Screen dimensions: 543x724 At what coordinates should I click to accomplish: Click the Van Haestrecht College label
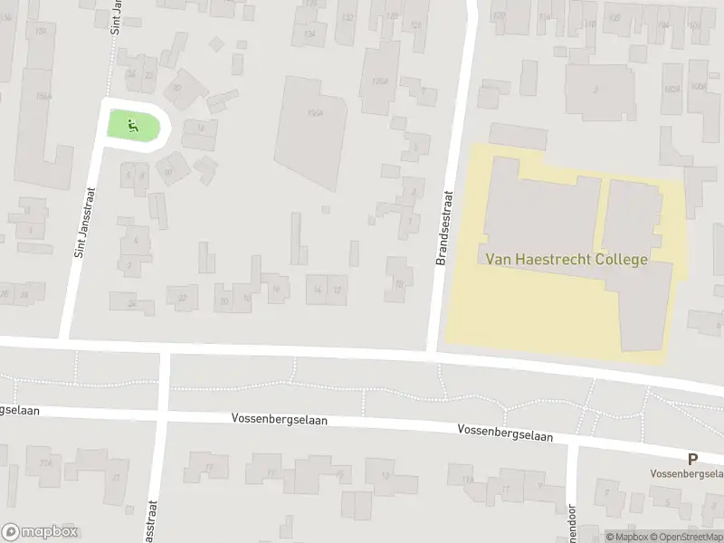tap(567, 260)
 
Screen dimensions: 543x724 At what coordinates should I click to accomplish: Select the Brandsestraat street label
tap(443, 229)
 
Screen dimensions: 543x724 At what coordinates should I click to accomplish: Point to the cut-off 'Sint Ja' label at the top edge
tap(115, 16)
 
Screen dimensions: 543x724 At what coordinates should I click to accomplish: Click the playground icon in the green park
tap(134, 126)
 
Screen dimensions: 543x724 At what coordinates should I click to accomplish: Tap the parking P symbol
tap(692, 459)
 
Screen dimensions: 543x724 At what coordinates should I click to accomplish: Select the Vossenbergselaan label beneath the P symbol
tap(687, 473)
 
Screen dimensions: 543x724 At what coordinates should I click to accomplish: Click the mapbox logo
tap(40, 532)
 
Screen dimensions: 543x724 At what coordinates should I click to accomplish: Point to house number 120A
tap(379, 81)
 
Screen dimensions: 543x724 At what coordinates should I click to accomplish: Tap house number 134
tap(310, 33)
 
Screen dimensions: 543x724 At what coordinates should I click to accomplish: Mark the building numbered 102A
tap(671, 89)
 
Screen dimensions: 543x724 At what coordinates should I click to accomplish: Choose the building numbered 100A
tap(698, 87)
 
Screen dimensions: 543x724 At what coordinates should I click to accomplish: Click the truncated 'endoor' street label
tap(571, 522)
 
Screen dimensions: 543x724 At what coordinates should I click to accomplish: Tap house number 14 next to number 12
tap(317, 290)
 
